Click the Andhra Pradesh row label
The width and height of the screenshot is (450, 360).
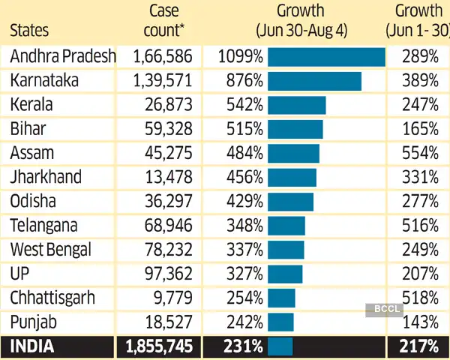[63, 56]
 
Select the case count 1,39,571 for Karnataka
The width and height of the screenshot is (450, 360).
[163, 81]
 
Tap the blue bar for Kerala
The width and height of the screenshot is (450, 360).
[296, 105]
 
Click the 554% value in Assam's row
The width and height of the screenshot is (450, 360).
[419, 153]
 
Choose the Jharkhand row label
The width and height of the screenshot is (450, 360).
[46, 178]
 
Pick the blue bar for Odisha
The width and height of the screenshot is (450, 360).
[290, 202]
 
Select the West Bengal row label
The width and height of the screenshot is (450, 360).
[49, 250]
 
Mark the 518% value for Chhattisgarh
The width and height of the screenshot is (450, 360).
[419, 298]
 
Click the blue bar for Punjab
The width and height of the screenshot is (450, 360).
[280, 322]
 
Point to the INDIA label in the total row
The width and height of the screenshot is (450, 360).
[31, 346]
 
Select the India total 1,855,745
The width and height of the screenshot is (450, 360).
[160, 346]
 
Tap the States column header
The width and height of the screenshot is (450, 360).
[29, 31]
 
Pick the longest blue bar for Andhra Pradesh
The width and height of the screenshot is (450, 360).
[326, 57]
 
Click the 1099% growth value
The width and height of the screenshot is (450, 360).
[239, 56]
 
